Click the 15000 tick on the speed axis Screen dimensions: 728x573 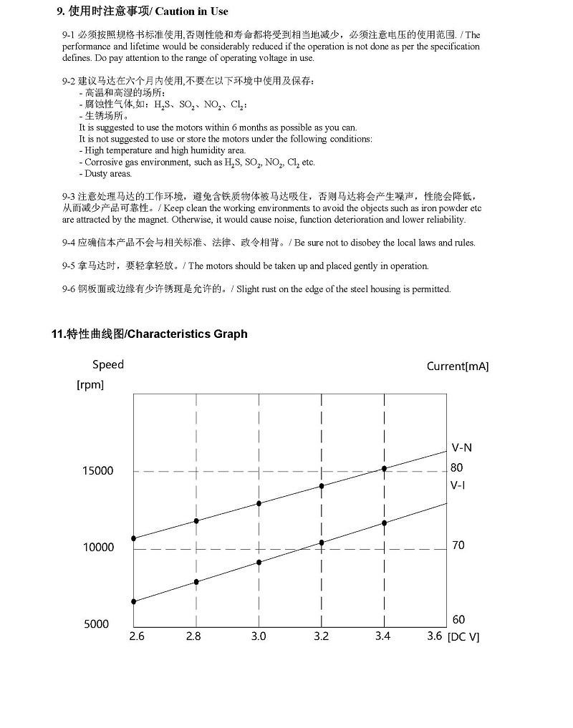pyautogui.click(x=98, y=471)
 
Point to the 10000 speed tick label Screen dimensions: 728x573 pyautogui.click(x=98, y=548)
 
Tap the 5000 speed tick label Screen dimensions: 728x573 pyautogui.click(x=97, y=624)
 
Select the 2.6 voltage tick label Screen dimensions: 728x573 pyautogui.click(x=136, y=636)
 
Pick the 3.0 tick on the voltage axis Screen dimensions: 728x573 pyautogui.click(x=259, y=636)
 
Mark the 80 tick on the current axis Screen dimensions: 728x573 pyautogui.click(x=457, y=467)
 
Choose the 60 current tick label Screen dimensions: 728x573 pyautogui.click(x=458, y=620)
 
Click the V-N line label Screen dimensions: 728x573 pyautogui.click(x=461, y=448)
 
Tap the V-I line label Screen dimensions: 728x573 pyautogui.click(x=458, y=485)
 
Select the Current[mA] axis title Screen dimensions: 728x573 pyautogui.click(x=458, y=367)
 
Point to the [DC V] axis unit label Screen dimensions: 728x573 pyautogui.click(x=463, y=637)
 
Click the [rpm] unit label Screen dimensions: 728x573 pyautogui.click(x=90, y=384)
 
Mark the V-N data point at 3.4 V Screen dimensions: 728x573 pyautogui.click(x=385, y=469)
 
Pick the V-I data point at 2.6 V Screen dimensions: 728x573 pyautogui.click(x=134, y=601)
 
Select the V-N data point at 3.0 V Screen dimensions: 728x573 pyautogui.click(x=259, y=503)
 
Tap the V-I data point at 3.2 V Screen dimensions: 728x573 pyautogui.click(x=322, y=543)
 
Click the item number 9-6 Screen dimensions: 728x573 pyautogui.click(x=69, y=289)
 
